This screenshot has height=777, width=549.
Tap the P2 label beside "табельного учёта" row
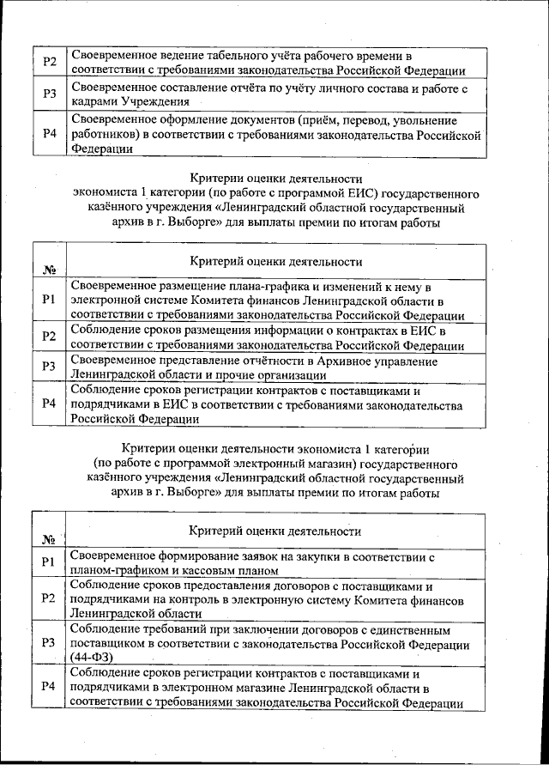point(50,63)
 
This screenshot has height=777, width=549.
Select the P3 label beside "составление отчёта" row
point(50,93)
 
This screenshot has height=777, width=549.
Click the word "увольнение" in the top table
point(425,119)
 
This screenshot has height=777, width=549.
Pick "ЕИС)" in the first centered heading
point(365,193)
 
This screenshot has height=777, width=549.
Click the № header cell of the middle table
point(49,269)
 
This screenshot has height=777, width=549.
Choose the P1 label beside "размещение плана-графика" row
point(49,299)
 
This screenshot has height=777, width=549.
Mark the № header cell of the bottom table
point(49,538)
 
